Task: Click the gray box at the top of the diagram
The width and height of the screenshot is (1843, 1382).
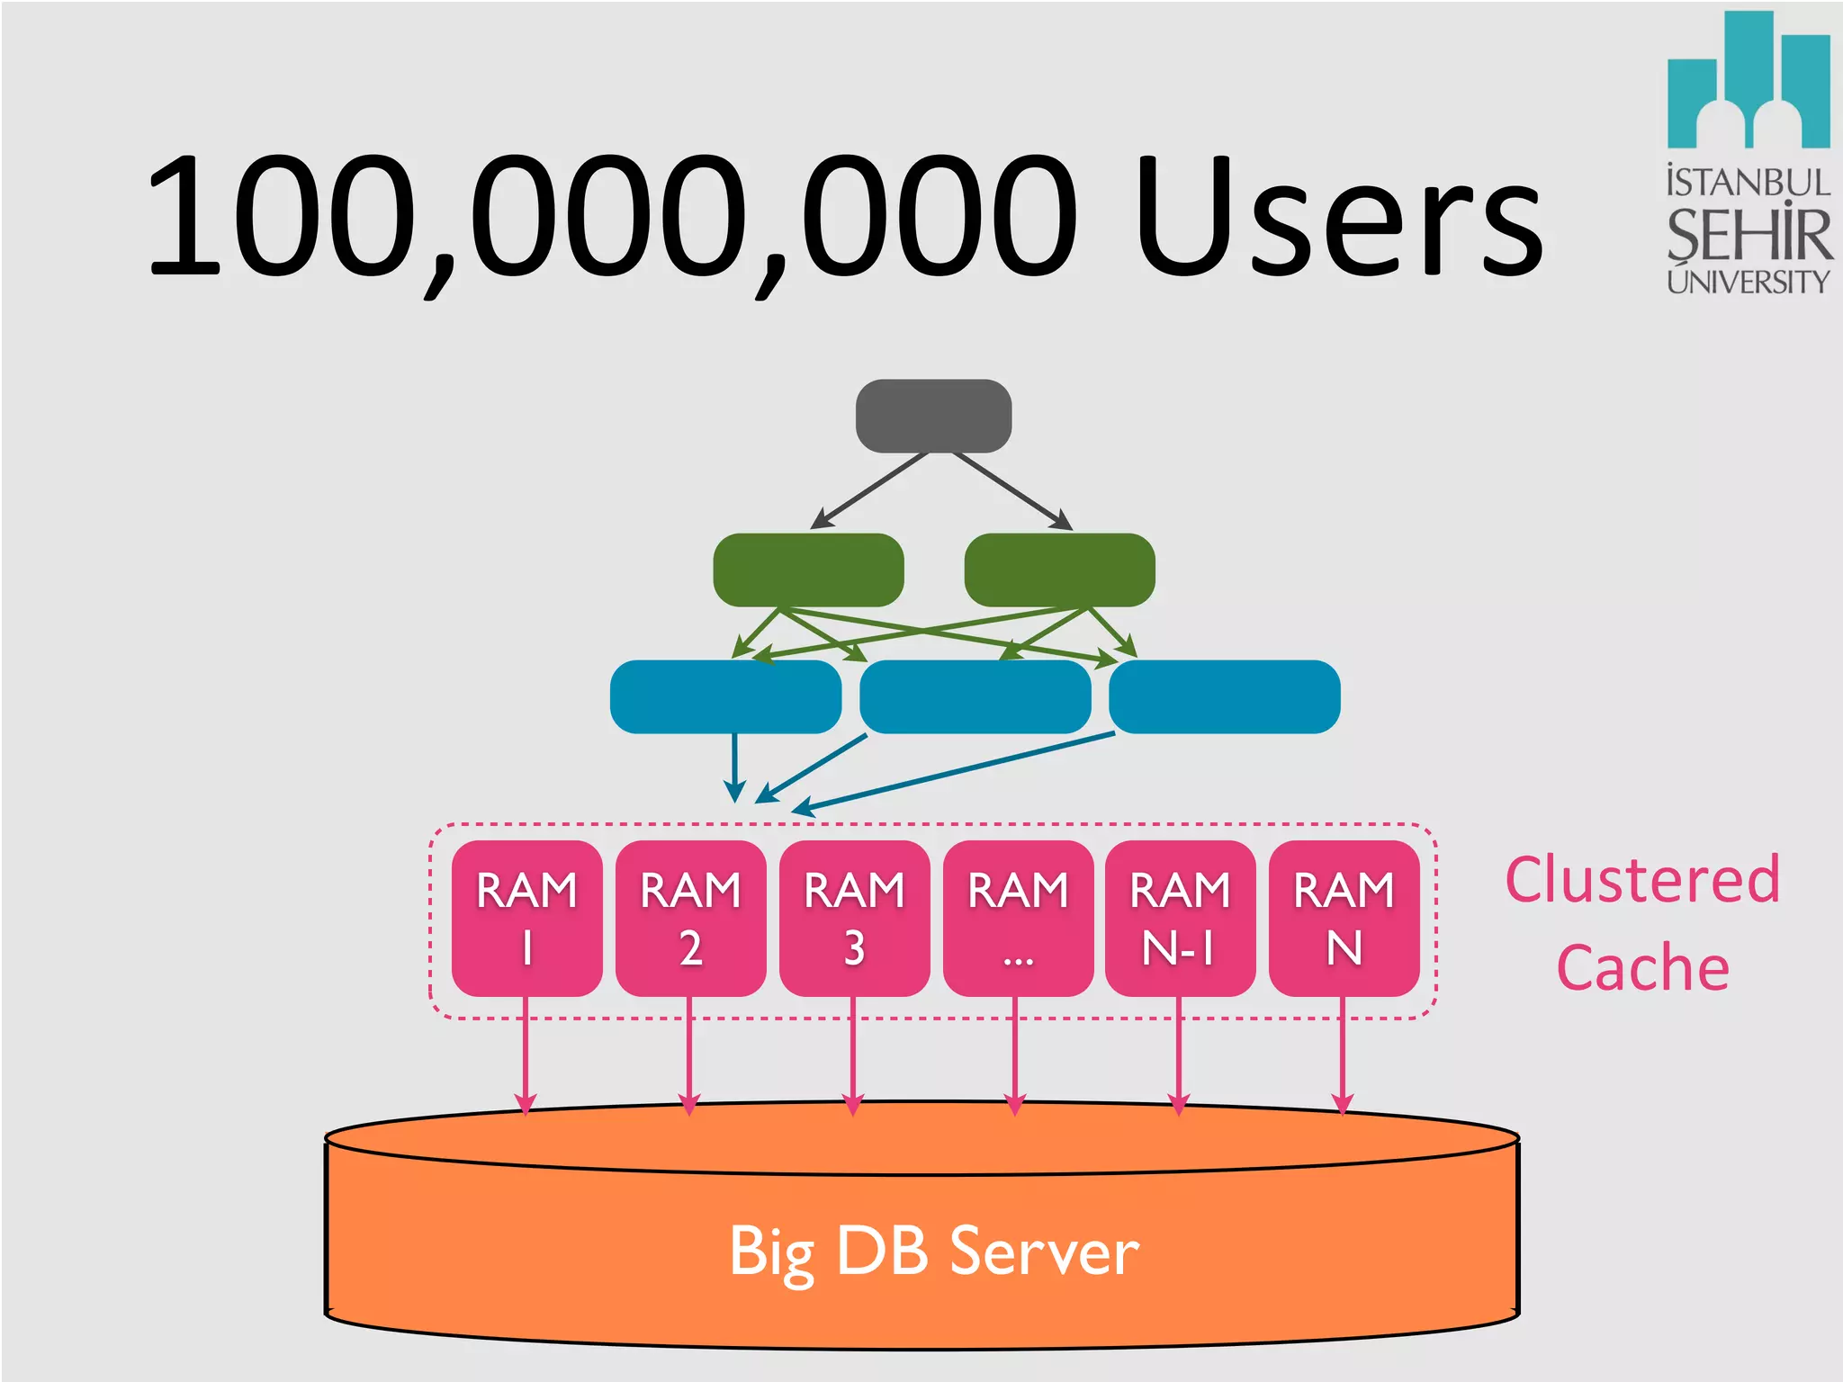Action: click(933, 416)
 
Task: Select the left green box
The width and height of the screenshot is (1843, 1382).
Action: click(808, 570)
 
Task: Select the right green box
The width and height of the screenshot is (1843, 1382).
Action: click(1059, 570)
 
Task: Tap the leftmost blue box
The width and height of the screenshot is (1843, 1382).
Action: click(725, 696)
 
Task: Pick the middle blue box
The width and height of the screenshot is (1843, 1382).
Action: click(975, 696)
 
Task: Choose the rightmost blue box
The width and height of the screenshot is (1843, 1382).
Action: click(1225, 696)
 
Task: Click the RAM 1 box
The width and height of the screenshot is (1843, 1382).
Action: click(526, 918)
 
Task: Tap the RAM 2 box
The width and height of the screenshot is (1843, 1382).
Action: click(690, 918)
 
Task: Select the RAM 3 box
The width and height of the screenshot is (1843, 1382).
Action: click(854, 918)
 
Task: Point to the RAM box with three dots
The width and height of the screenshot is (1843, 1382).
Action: click(1018, 918)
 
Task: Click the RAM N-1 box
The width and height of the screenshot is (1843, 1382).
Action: click(1180, 918)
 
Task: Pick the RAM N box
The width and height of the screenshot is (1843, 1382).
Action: click(1344, 918)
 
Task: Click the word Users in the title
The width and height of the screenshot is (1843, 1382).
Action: click(1338, 219)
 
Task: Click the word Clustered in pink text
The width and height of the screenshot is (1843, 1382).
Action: click(1642, 880)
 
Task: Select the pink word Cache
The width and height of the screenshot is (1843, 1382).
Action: click(1642, 968)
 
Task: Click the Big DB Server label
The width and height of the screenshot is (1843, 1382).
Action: click(933, 1251)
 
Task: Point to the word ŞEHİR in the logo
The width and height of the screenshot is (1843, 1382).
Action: click(1749, 234)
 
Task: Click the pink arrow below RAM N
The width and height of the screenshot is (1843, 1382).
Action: click(1342, 1062)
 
